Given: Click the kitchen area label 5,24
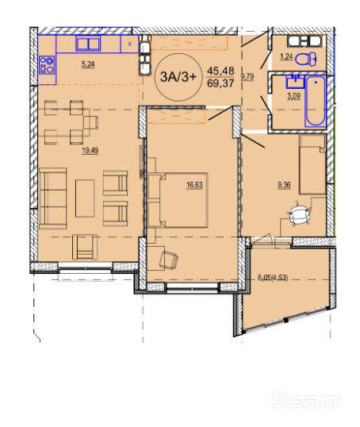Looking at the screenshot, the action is tap(88, 64).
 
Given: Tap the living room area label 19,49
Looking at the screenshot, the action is tap(90, 151).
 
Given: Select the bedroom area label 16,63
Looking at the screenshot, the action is tap(194, 185).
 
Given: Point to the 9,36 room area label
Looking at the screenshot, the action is tap(284, 185).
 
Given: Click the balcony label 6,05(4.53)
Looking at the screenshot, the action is tap(273, 278).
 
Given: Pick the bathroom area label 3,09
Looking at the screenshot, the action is tap(294, 96).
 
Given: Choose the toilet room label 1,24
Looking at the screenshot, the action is tap(286, 56).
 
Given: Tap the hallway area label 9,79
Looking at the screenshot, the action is tap(247, 76).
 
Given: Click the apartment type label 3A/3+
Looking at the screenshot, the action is tap(178, 77).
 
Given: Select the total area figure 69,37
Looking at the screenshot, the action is tap(220, 83).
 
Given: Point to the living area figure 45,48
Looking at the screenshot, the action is tap(220, 71).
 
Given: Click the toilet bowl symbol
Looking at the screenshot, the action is tap(306, 59).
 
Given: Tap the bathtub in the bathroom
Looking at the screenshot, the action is tap(316, 102).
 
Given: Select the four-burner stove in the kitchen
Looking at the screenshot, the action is tap(47, 65).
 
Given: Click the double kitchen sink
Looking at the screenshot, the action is tap(88, 44).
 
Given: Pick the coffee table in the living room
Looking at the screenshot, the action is tap(85, 198).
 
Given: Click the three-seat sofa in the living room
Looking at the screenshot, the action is tap(53, 198).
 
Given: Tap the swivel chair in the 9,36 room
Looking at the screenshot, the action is tap(298, 213).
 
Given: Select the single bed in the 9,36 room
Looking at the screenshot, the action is tap(312, 164).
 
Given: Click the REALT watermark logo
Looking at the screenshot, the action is tap(307, 401).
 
